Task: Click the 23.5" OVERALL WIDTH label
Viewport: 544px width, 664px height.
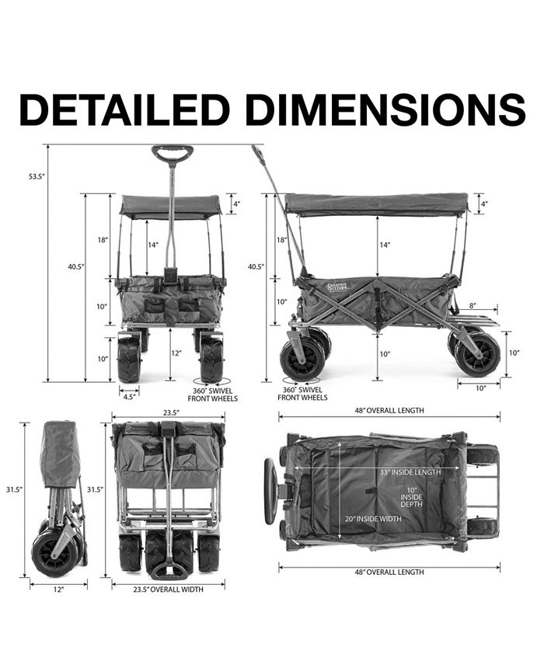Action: [x=168, y=589]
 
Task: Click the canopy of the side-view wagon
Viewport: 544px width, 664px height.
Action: [x=376, y=204]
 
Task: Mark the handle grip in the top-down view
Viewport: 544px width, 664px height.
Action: [x=270, y=491]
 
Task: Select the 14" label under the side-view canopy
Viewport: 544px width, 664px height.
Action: [x=385, y=245]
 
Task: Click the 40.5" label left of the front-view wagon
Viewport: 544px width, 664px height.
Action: [x=75, y=266]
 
